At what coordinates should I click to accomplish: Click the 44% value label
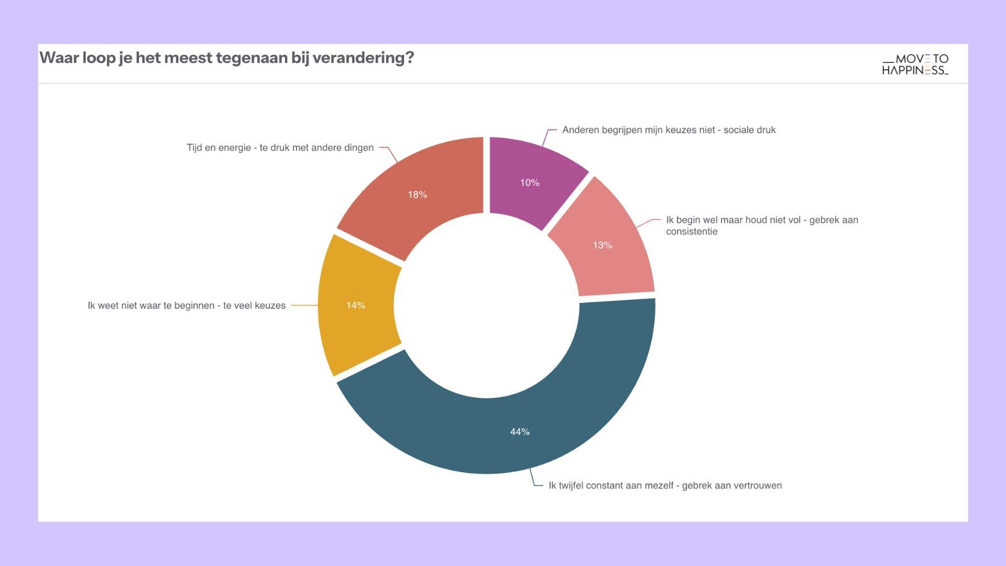click(x=520, y=432)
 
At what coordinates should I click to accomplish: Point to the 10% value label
click(x=529, y=183)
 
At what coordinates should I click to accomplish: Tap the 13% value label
click(x=602, y=245)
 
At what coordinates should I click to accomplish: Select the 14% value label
click(x=355, y=306)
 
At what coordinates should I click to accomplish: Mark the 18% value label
click(x=417, y=195)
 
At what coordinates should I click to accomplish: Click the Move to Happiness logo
click(x=915, y=64)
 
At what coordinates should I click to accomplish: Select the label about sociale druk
click(x=669, y=130)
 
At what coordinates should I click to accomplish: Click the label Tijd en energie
click(x=280, y=148)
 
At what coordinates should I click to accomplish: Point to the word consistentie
click(x=692, y=232)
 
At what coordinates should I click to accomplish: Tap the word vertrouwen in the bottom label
click(x=756, y=486)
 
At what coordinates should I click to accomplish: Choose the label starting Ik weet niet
click(x=187, y=306)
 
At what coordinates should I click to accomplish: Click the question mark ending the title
click(x=409, y=58)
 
